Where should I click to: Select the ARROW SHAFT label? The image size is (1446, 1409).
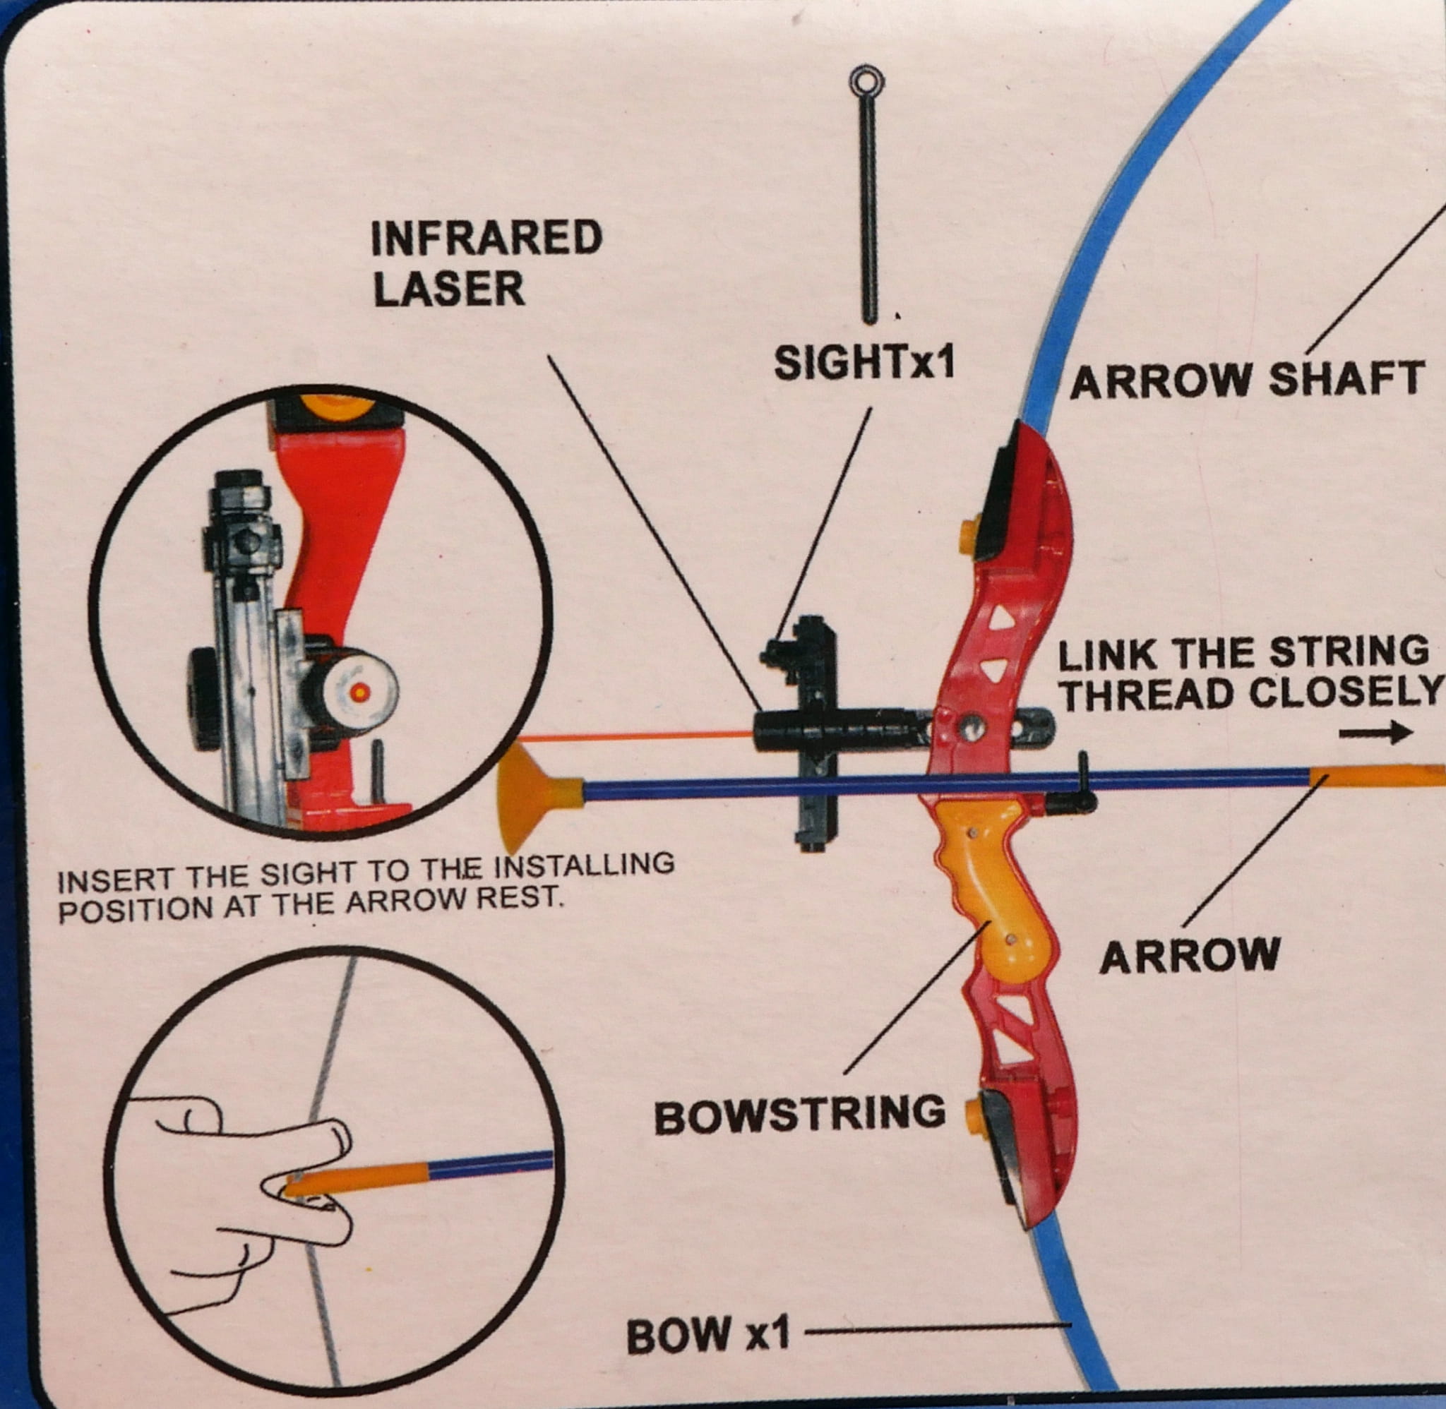(1247, 380)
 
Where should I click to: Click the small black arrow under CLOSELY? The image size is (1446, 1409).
(1375, 733)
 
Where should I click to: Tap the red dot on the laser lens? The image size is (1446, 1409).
(360, 692)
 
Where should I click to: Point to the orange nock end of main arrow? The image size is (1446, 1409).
(1376, 777)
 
